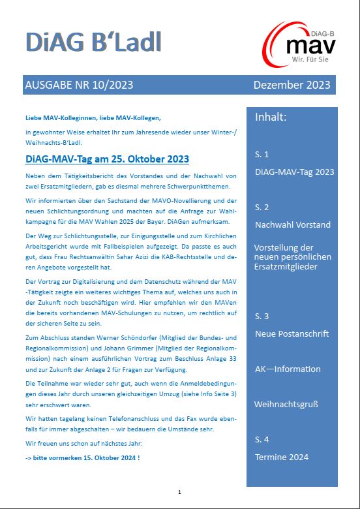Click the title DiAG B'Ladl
93,42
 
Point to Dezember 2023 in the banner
292,85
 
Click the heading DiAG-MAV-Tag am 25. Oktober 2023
107,159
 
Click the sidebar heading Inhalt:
271,117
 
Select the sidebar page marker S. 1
262,155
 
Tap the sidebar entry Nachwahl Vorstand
293,224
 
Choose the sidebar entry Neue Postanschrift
292,334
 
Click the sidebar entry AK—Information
287,369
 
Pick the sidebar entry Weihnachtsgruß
286,404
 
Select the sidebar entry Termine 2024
282,457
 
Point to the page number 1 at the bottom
179,491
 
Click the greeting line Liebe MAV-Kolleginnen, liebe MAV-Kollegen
93,117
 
